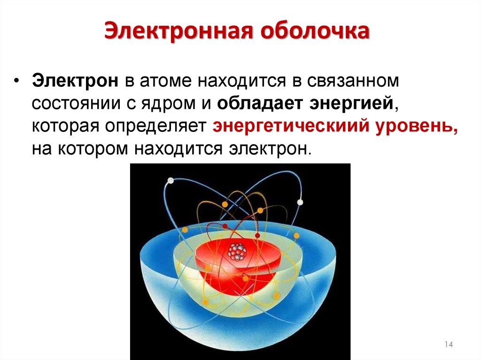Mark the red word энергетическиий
290,127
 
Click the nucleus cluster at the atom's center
237,252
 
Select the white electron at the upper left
170,181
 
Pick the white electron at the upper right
300,202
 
